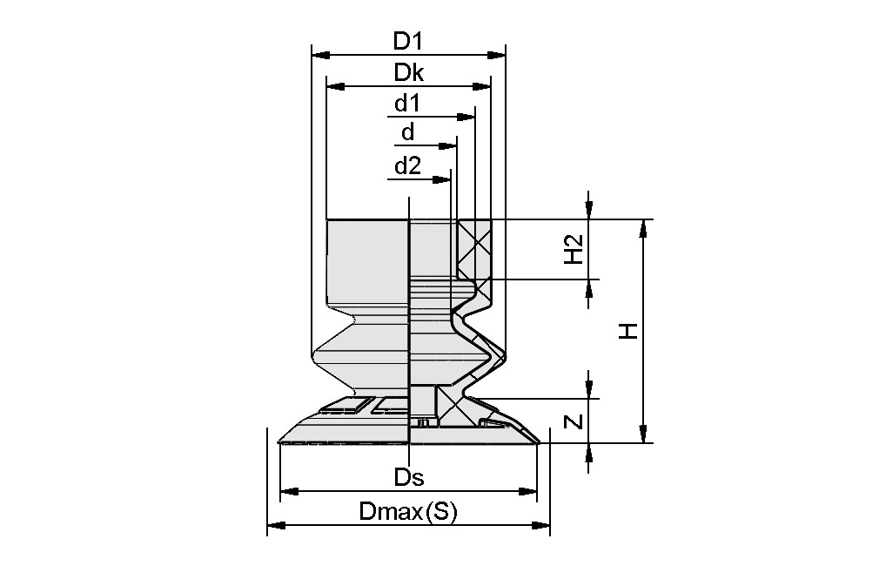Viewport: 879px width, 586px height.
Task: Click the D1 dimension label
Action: [x=407, y=40]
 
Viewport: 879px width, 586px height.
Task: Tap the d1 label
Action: [x=406, y=104]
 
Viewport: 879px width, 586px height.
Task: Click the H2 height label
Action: [x=573, y=250]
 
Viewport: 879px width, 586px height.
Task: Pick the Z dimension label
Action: [x=573, y=421]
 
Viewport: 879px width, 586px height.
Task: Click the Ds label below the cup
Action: [x=408, y=477]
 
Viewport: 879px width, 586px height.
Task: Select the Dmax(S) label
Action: [x=407, y=512]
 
